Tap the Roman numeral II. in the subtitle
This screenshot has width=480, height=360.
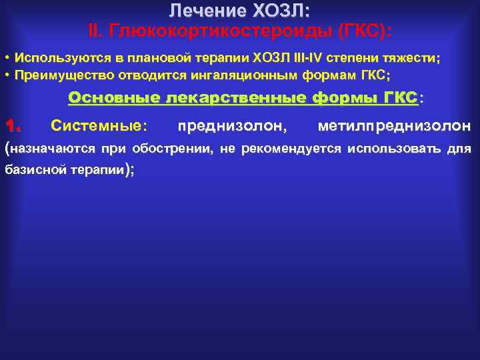[x=97, y=31]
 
